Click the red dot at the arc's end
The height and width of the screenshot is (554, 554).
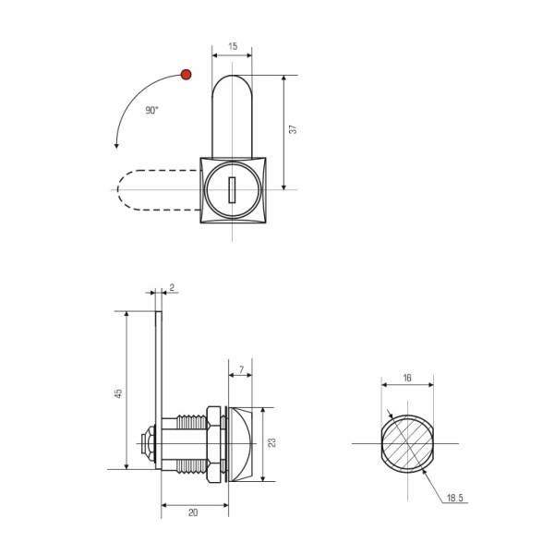click(x=186, y=75)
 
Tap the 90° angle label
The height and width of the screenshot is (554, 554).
click(x=151, y=111)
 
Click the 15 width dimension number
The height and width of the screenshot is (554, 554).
click(x=233, y=46)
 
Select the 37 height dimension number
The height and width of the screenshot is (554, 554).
click(x=293, y=129)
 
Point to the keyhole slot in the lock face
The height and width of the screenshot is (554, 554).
click(x=232, y=190)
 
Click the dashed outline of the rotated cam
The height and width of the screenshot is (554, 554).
click(x=117, y=190)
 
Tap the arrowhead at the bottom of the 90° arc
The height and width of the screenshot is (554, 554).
click(x=116, y=146)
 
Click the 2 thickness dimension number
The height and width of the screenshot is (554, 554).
click(x=172, y=287)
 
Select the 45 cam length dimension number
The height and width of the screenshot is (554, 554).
click(x=118, y=393)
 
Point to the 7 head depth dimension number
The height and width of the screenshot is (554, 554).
click(x=241, y=370)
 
